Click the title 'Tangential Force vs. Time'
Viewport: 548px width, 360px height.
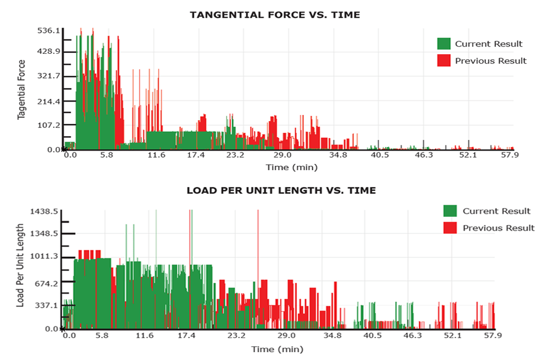coord(275,15)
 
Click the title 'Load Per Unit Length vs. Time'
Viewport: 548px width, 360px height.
coord(281,190)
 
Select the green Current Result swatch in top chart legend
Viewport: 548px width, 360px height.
coord(444,44)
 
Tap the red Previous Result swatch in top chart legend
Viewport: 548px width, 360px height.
coord(444,60)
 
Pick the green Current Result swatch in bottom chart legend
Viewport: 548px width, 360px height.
coord(450,211)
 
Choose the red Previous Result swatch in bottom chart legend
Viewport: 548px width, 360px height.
coord(450,227)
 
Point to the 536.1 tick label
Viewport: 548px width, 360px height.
coord(48,31)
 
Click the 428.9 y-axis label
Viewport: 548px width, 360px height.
coord(48,52)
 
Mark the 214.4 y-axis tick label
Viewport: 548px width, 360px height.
coord(48,102)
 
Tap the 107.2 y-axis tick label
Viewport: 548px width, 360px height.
coord(48,125)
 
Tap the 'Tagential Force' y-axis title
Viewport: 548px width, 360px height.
coord(21,91)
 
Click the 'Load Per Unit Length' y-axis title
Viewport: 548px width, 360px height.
coord(20,265)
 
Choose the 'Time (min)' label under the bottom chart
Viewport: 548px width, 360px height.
coord(277,349)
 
